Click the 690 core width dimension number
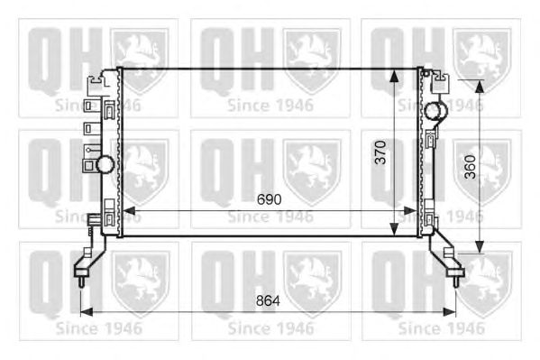click(x=269, y=199)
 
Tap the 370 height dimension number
click(x=380, y=152)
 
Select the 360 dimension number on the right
click(x=470, y=167)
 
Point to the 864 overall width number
click(x=268, y=301)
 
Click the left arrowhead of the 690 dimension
click(x=129, y=210)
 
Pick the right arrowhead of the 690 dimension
click(x=410, y=210)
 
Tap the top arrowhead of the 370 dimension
click(x=395, y=76)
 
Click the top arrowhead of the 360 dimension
click(x=480, y=87)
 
